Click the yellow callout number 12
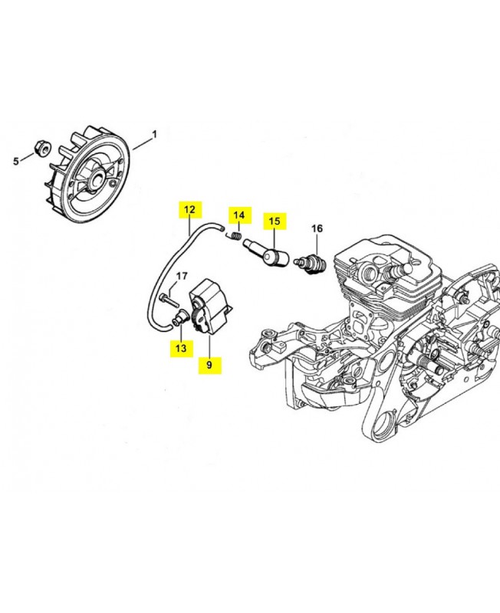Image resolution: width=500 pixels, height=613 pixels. click(x=189, y=209)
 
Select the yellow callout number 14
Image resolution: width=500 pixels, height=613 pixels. click(x=239, y=215)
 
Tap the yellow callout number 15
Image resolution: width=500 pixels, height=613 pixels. click(x=275, y=221)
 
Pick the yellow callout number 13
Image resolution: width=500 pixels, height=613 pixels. click(x=181, y=348)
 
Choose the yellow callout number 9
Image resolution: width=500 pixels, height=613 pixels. click(x=209, y=366)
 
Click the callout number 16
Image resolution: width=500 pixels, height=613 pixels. click(x=317, y=228)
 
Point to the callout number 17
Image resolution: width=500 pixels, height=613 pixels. click(x=182, y=277)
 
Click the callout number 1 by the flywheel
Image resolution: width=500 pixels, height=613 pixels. click(x=155, y=135)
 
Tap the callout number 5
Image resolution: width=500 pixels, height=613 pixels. click(x=16, y=161)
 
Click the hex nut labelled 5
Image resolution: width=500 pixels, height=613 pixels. click(x=42, y=148)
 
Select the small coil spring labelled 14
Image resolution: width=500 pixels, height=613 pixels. click(x=235, y=237)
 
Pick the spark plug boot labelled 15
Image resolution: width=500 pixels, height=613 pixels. click(x=266, y=253)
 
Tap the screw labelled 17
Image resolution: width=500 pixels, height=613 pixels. click(x=169, y=300)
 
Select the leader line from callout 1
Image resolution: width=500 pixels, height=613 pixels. click(x=142, y=143)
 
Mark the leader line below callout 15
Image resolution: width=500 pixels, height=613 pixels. click(x=275, y=240)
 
